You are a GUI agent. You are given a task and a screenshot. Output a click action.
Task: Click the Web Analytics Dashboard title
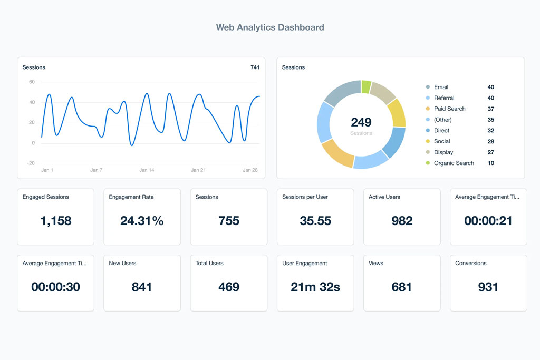pos(270,27)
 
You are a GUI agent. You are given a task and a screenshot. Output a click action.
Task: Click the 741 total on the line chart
pos(255,67)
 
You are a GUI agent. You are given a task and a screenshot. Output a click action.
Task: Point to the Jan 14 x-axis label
pos(147,170)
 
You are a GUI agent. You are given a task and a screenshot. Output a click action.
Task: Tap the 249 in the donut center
pos(361,122)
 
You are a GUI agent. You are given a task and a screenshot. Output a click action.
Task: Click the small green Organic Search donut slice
pos(366,87)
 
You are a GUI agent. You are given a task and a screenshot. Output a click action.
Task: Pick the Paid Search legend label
pos(449,109)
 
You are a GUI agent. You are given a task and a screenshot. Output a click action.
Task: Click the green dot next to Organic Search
pos(428,163)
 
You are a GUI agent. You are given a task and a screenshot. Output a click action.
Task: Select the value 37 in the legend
pos(490,109)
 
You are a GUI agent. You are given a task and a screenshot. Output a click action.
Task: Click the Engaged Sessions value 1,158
pos(56,221)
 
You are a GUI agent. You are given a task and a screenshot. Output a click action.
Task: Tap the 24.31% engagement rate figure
pos(142,221)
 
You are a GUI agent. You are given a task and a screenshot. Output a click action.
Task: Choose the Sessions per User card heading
pos(305,197)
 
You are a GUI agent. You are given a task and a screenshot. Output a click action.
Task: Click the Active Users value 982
pos(402,221)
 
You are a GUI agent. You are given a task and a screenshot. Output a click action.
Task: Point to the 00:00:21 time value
pos(488,221)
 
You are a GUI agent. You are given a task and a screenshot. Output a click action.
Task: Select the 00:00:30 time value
pos(56,287)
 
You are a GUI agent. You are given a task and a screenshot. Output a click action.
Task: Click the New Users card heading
pos(122,263)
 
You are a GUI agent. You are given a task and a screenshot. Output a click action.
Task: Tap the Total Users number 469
pos(229,287)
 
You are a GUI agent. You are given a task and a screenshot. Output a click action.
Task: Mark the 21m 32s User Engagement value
pos(315,287)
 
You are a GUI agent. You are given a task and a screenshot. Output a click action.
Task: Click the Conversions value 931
pos(488,287)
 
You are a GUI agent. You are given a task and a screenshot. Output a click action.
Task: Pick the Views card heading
pos(376,263)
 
